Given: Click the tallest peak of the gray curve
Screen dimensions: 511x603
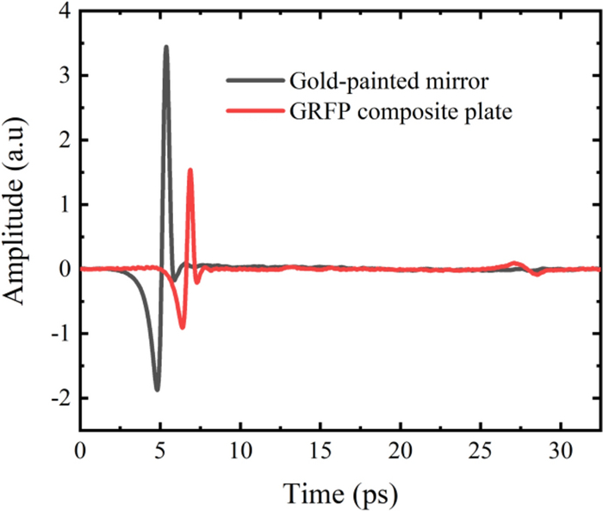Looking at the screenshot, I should [x=166, y=47].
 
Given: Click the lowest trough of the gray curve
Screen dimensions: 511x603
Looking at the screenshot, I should [x=157, y=389].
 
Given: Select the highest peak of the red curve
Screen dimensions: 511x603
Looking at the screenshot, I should [x=190, y=170].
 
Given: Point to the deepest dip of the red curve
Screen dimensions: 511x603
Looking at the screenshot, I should [x=182, y=327].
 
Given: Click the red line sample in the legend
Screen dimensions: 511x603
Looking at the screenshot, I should [x=254, y=112].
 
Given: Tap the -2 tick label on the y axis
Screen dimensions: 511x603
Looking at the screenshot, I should [x=59, y=398].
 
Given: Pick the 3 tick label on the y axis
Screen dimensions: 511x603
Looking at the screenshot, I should [x=62, y=76].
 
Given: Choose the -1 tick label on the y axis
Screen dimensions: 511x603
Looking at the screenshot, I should [x=59, y=333].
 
